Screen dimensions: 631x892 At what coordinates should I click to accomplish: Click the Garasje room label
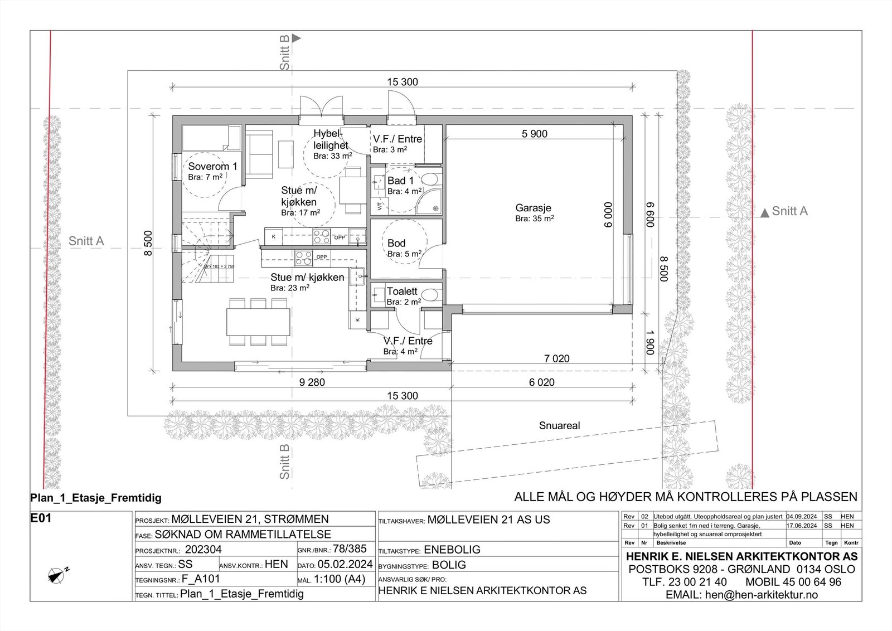coord(534,208)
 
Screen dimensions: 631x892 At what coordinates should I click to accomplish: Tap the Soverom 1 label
coord(212,167)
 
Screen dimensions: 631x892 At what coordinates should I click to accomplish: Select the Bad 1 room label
coord(400,181)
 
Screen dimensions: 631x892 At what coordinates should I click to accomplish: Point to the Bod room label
coord(396,243)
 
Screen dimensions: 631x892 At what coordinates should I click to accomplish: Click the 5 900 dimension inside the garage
coord(534,134)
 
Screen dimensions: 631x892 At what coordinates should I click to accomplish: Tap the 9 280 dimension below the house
coord(312,382)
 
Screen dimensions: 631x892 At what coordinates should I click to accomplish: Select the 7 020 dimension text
coord(556,359)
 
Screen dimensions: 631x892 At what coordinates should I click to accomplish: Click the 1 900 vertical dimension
coord(650,342)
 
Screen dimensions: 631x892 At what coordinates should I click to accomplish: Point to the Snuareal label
coord(559,426)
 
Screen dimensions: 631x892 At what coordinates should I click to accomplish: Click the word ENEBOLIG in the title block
coord(452,550)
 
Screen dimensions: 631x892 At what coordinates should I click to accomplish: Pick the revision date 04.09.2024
coord(802,517)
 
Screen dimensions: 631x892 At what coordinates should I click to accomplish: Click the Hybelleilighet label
coord(331,139)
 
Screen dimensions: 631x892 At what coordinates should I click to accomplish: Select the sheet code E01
coord(41,518)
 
